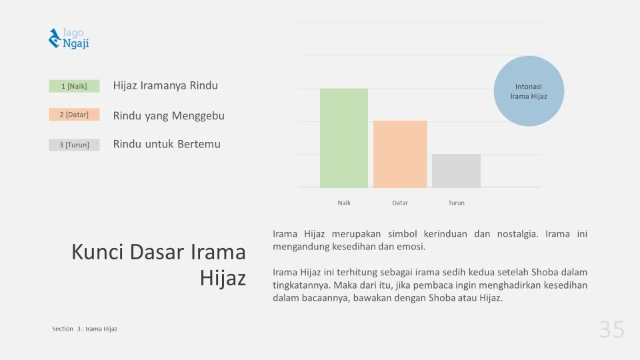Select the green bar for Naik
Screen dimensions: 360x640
click(344, 138)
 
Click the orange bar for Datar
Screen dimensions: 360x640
click(400, 154)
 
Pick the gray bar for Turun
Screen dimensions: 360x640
click(456, 170)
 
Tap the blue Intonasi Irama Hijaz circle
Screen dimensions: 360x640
click(530, 91)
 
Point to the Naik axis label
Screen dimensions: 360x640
click(344, 202)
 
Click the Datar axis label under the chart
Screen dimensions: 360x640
click(400, 202)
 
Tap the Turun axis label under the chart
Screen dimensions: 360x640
click(456, 202)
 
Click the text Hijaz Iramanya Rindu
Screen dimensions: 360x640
click(166, 86)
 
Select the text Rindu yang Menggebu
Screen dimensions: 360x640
click(169, 115)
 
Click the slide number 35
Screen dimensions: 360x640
click(612, 329)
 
